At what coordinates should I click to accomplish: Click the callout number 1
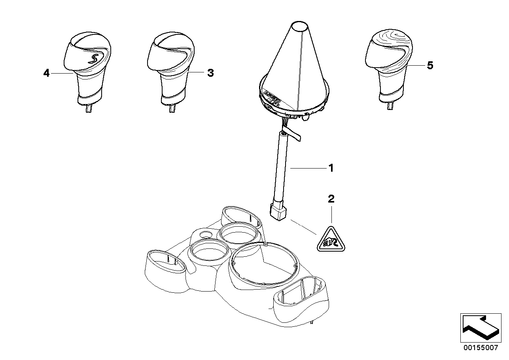[331, 168]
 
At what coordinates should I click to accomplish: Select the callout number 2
[331, 199]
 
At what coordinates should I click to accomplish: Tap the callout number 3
[210, 73]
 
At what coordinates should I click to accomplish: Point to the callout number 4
[47, 73]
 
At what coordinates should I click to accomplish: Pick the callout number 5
[430, 65]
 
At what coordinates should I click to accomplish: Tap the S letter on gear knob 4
[93, 59]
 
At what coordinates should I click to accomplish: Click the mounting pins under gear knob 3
[171, 108]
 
